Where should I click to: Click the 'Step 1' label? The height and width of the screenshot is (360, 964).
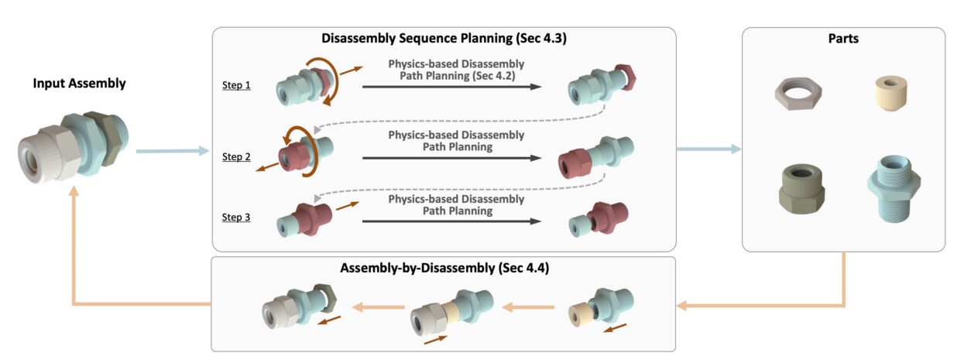coord(236,84)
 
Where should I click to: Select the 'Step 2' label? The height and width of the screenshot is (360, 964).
coord(236,156)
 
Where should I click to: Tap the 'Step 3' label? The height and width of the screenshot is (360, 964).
coord(236,218)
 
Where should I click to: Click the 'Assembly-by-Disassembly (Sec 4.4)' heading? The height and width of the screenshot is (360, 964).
coord(444,268)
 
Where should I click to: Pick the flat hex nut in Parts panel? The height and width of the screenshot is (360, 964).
coord(797,94)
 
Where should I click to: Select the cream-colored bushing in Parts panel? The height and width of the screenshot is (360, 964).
coord(888,93)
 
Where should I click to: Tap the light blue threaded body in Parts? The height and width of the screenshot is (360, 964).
coord(889,187)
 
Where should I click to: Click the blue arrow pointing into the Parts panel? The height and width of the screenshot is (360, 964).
coord(708,149)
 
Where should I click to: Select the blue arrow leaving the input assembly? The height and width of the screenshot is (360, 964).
coord(172,150)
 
